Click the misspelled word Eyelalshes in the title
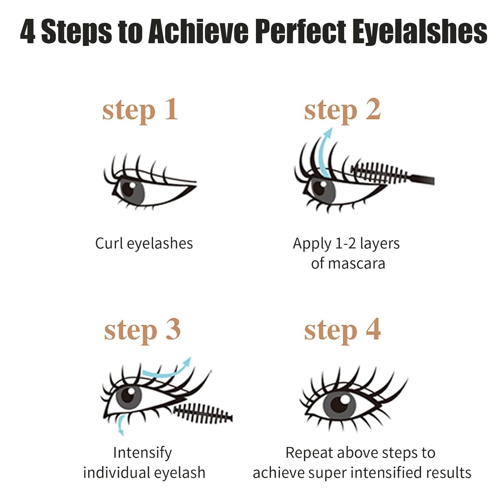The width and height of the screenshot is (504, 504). pyautogui.click(x=420, y=32)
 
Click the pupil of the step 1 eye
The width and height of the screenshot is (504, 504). pyautogui.click(x=128, y=189)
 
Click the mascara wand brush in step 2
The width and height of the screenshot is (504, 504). pyautogui.click(x=379, y=173)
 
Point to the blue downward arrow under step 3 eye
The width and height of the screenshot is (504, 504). pyautogui.click(x=120, y=425)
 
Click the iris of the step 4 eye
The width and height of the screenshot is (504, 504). pyautogui.click(x=339, y=405)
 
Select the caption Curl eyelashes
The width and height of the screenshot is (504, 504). pyautogui.click(x=144, y=243)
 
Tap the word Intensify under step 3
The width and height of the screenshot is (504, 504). pyautogui.click(x=143, y=453)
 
